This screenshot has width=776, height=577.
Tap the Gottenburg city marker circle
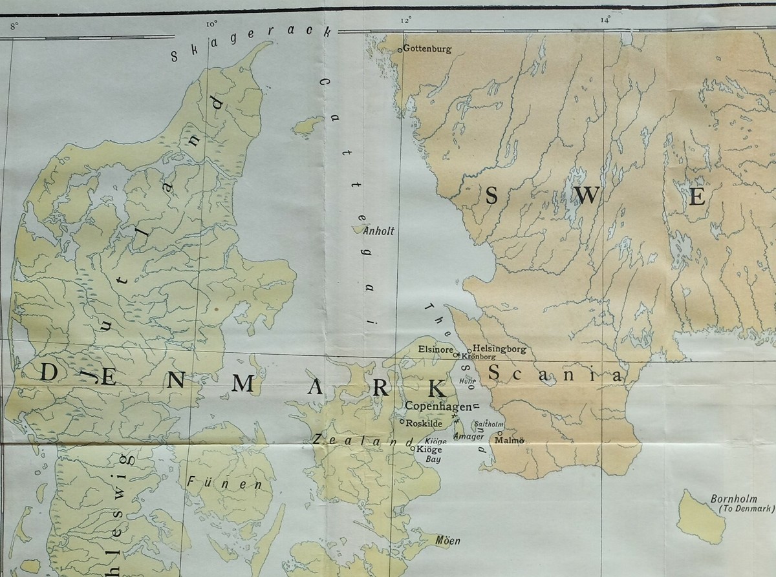click(400, 49)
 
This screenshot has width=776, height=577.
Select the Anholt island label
click(379, 230)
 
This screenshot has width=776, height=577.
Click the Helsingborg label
click(500, 349)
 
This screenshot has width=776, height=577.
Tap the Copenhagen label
click(437, 406)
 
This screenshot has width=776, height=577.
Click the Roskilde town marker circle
click(402, 423)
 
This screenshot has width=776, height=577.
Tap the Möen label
click(447, 540)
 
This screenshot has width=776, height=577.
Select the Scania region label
click(555, 373)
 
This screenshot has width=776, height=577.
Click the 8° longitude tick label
click(15, 26)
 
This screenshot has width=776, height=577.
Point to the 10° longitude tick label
click(211, 25)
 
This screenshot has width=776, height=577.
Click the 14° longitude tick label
click(605, 21)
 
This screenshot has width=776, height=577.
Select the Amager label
click(469, 436)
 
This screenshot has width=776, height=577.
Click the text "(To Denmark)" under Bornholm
click(746, 509)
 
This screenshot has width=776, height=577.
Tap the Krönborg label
click(479, 357)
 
